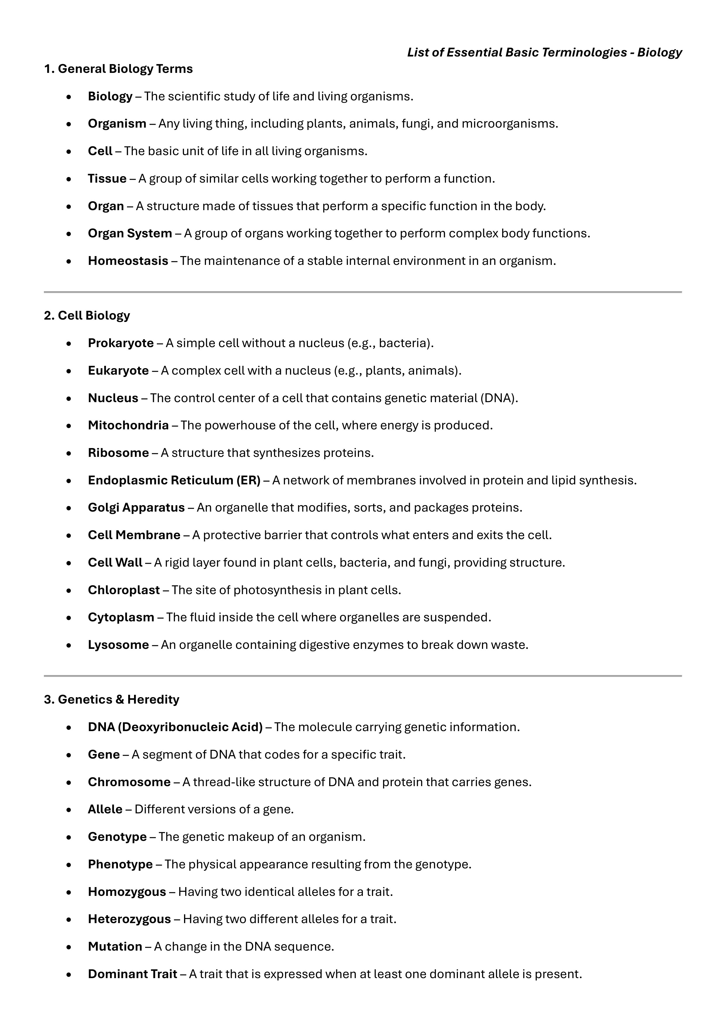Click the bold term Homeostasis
click(128, 261)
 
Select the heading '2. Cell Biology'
click(87, 315)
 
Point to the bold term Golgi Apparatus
click(136, 507)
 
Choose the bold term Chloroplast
click(123, 590)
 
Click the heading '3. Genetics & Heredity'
click(111, 699)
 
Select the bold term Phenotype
click(120, 864)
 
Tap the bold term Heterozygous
click(129, 919)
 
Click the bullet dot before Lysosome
click(68, 645)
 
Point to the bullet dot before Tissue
click(68, 179)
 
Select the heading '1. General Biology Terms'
click(118, 68)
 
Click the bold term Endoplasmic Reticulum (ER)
click(174, 480)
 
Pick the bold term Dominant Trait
click(132, 974)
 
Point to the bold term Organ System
click(130, 233)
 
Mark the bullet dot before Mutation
click(68, 947)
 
